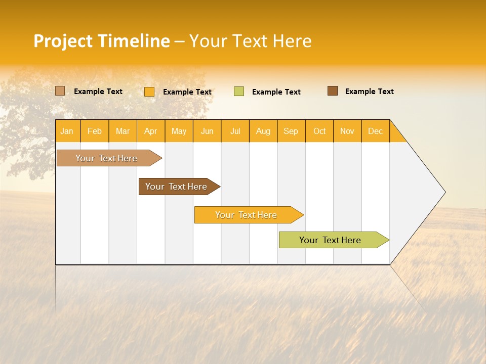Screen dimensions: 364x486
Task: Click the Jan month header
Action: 67,131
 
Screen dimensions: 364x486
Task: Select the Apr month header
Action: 150,131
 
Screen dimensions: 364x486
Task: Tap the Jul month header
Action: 235,131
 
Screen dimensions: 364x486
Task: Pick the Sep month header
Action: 291,131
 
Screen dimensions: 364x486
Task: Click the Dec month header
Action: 375,131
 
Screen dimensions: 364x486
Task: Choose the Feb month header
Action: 95,131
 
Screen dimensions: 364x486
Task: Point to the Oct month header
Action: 319,131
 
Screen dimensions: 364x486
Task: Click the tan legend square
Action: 60,91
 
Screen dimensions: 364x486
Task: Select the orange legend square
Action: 149,92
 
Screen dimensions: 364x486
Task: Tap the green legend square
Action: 239,92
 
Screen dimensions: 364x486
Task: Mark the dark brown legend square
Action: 333,91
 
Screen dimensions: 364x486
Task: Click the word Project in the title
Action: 63,41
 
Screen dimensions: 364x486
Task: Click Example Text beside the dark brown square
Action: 369,92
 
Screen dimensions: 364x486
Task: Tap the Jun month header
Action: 207,131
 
